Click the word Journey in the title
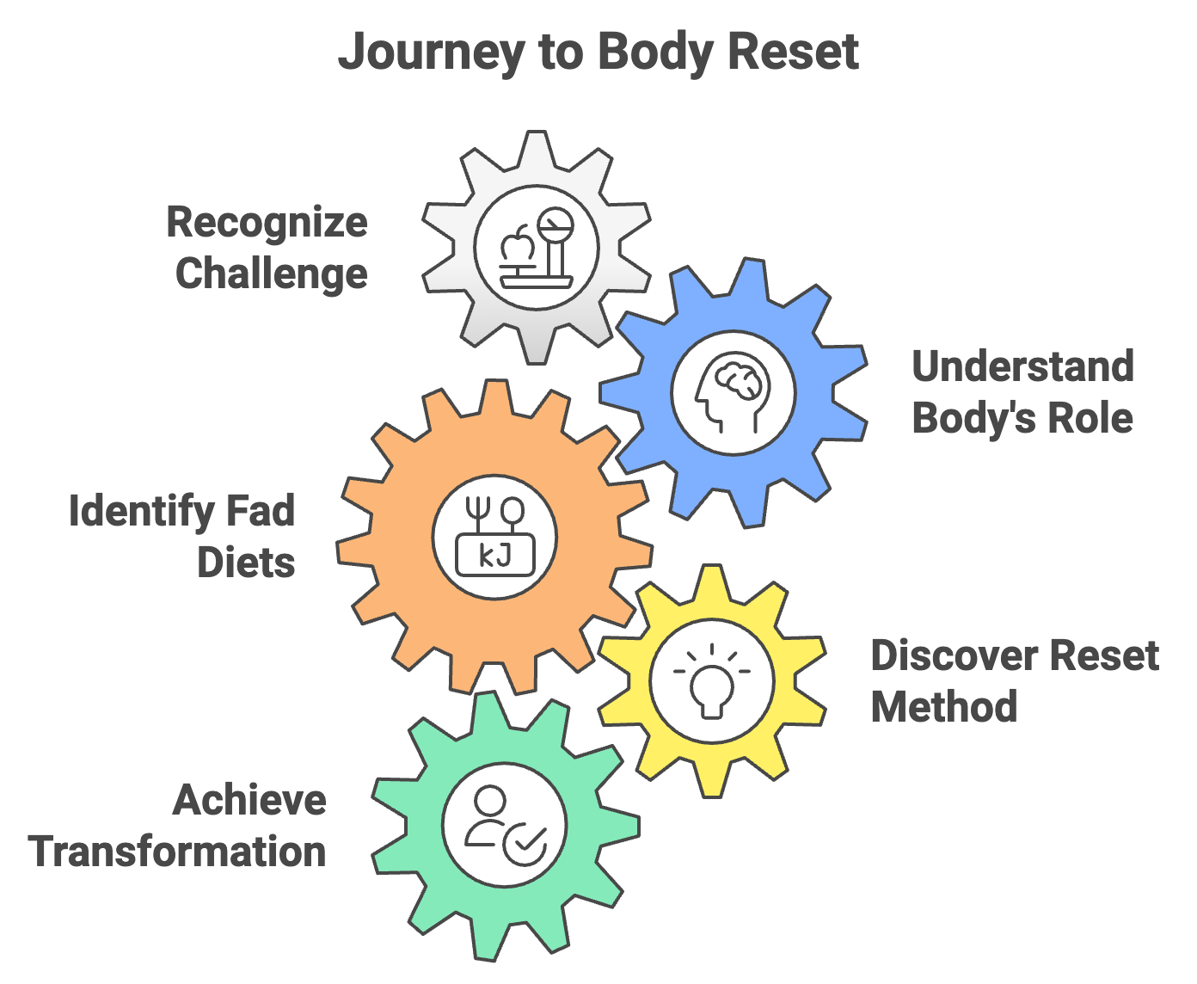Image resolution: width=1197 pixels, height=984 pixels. (x=431, y=53)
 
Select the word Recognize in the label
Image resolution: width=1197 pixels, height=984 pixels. (x=267, y=223)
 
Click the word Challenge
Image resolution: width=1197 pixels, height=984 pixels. (x=272, y=274)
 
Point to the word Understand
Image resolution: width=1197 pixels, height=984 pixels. (x=1022, y=366)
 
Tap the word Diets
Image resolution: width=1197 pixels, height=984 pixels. (x=246, y=563)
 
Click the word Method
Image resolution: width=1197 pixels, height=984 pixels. (x=944, y=707)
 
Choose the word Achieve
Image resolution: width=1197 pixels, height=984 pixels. (x=249, y=800)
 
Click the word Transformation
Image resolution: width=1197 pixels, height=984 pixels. (x=177, y=852)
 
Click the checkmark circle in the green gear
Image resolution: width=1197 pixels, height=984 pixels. (x=525, y=842)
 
